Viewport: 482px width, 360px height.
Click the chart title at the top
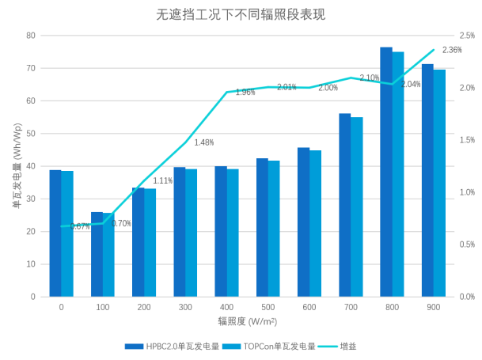click(240, 15)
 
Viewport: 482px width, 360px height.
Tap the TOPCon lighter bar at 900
click(439, 182)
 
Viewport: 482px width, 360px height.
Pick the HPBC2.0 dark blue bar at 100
click(97, 254)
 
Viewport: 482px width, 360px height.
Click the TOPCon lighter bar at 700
click(357, 207)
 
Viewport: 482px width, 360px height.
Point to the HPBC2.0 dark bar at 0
click(55, 233)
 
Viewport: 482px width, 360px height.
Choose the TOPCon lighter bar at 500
click(274, 229)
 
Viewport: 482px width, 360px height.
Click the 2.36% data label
click(452, 50)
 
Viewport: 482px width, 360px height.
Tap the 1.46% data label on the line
click(203, 142)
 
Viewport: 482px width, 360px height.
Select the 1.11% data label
click(162, 181)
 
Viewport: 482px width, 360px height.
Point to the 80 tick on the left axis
click(31, 36)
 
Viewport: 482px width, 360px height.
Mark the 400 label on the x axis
click(226, 307)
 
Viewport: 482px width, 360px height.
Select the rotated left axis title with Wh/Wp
click(15, 166)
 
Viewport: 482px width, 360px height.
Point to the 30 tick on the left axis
click(31, 199)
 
